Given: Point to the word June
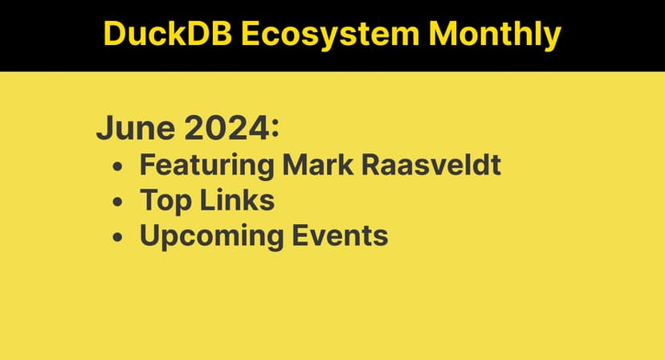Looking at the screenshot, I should point(129,128).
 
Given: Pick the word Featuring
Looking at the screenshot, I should point(206,165).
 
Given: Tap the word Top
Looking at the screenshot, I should point(165,201).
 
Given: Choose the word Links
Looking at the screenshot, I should point(235,200).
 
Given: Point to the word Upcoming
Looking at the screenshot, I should point(211,237).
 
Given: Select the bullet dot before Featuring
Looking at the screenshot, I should point(118,166).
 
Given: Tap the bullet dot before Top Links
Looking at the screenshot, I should point(118,202).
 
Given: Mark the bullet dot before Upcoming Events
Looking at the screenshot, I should point(118,238).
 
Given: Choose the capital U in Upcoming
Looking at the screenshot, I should point(150,236).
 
